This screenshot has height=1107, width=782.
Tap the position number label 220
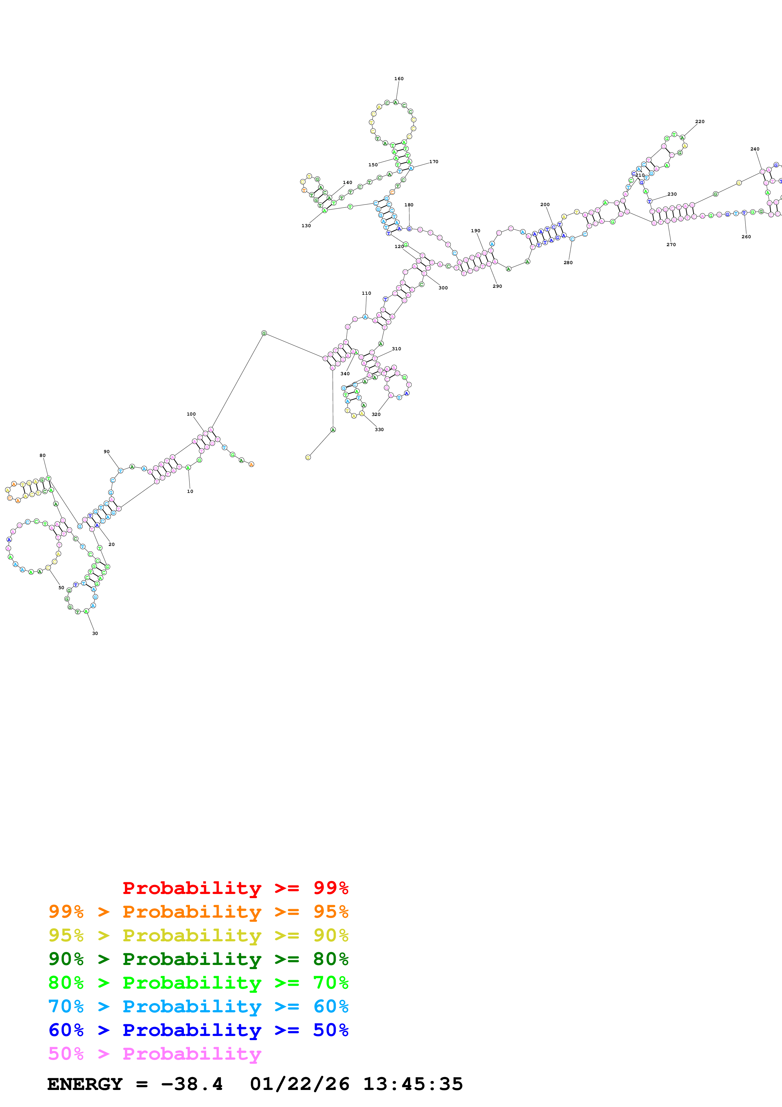tap(700, 121)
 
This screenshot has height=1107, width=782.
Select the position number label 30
tap(95, 633)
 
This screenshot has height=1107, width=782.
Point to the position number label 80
tap(42, 455)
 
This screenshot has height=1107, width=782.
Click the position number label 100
tap(191, 414)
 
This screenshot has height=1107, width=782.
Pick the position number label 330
tap(379, 429)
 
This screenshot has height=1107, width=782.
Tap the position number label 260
tap(746, 237)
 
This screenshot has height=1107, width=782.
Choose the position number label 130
tap(306, 226)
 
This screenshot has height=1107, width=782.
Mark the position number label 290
tap(497, 286)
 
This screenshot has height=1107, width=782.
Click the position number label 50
tap(61, 587)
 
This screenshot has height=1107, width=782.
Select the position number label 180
tap(409, 205)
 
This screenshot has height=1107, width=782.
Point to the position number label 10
tap(190, 491)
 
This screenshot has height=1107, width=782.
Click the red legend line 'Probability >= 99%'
tap(235, 888)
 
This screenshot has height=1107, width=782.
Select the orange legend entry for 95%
tap(198, 911)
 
